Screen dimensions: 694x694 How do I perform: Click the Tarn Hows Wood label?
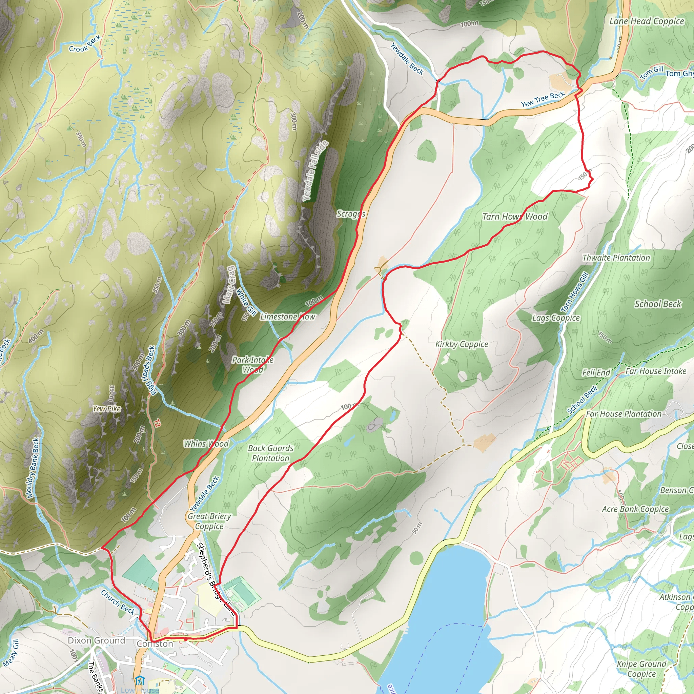click(x=515, y=217)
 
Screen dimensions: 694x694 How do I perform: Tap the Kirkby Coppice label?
click(x=462, y=344)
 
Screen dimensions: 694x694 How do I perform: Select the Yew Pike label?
click(x=107, y=408)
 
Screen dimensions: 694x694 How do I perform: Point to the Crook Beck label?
click(x=85, y=44)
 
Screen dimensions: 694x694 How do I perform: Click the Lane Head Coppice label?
click(x=647, y=21)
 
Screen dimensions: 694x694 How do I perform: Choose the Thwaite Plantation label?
click(x=616, y=258)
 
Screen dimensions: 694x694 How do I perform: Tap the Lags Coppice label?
click(x=556, y=318)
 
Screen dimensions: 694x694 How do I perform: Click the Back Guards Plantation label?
click(x=270, y=453)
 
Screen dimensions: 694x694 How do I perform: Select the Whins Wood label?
click(x=206, y=444)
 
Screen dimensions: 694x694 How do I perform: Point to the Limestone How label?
click(x=287, y=317)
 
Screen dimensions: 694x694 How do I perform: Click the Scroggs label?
click(x=351, y=214)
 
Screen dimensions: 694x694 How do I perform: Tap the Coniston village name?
click(x=155, y=644)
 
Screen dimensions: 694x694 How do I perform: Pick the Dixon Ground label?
click(x=96, y=640)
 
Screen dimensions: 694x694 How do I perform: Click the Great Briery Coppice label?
click(x=209, y=521)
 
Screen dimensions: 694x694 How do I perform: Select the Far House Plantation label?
click(x=624, y=414)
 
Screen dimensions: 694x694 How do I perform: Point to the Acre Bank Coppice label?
click(x=635, y=509)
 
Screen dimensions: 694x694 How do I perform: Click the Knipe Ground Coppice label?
click(x=641, y=669)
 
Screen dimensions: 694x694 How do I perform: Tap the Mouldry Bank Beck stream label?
click(x=32, y=468)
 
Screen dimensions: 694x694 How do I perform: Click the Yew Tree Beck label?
click(x=543, y=99)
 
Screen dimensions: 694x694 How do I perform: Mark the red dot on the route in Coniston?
click(x=185, y=639)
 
